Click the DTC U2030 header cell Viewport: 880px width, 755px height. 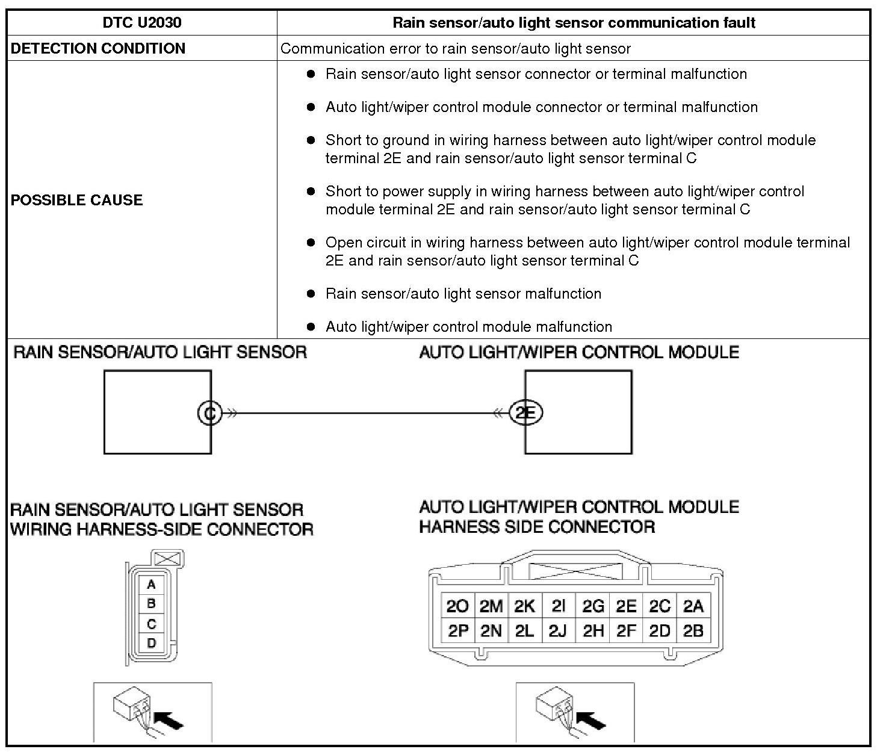142,23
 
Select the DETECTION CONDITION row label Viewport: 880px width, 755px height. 98,49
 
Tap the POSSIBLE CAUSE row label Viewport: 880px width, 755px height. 77,200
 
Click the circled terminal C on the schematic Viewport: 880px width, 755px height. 209,413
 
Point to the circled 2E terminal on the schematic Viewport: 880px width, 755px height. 526,413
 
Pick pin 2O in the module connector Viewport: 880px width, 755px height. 458,606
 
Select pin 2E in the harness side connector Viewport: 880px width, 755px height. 626,606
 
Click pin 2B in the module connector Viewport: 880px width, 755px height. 693,631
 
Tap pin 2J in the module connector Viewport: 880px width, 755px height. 558,631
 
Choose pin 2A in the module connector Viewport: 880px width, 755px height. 693,606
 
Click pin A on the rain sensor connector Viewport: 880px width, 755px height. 151,584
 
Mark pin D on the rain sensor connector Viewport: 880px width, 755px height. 151,643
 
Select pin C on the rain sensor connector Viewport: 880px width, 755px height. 151,624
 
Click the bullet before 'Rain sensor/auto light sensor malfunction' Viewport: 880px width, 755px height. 311,294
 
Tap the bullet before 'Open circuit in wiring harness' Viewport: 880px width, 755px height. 311,243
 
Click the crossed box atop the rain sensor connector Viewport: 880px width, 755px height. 169,558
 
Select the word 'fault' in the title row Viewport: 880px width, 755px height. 738,23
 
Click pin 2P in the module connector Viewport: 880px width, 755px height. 458,631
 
